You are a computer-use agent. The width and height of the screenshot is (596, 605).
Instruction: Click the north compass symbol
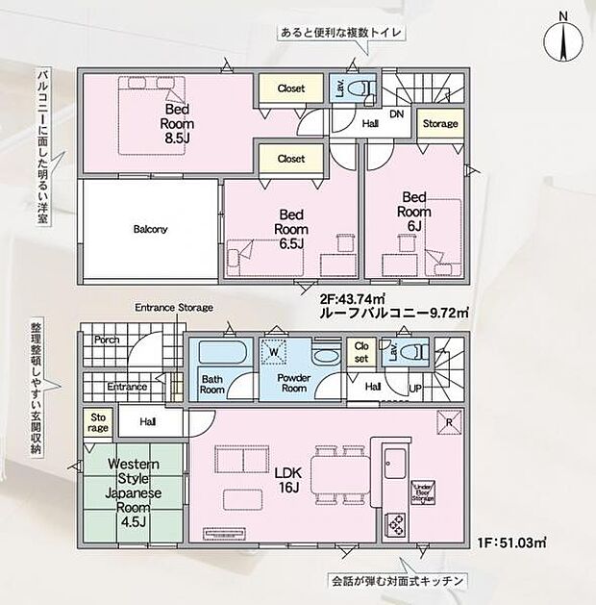[564, 40]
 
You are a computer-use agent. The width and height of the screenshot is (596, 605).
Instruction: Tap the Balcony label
[150, 229]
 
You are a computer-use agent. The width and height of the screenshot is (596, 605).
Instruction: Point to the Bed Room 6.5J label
[290, 228]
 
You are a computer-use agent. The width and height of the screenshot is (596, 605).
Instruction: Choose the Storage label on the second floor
[440, 124]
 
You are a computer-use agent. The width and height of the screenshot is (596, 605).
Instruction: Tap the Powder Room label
[293, 382]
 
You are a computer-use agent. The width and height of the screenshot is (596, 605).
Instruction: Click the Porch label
[105, 340]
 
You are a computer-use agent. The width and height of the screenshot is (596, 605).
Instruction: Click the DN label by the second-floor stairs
[395, 113]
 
